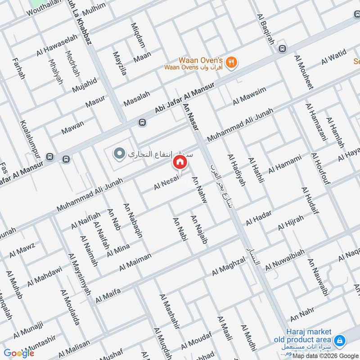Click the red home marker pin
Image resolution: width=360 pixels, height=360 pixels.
(179, 162)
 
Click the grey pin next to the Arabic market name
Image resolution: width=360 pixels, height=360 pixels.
(119, 154)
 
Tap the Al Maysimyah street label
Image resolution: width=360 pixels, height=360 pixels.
(79, 274)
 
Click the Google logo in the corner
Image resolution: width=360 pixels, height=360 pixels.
(19, 353)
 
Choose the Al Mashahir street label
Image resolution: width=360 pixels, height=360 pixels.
(170, 311)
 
